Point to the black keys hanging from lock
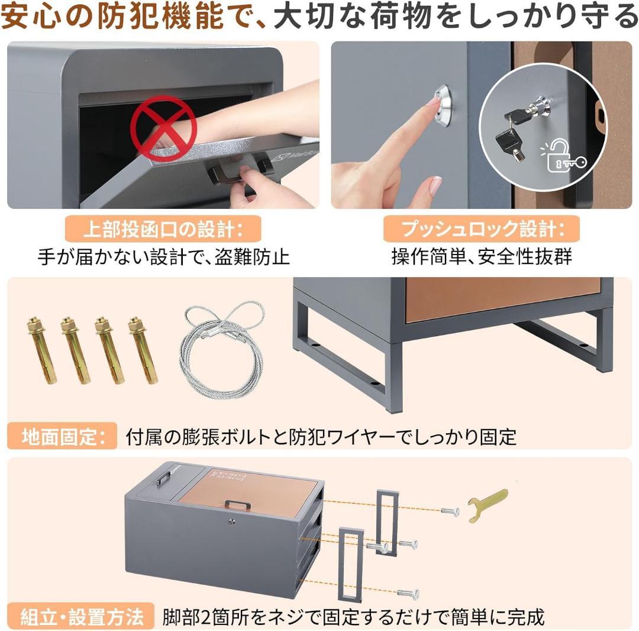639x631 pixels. click(x=512, y=133)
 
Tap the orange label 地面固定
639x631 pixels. click(x=59, y=437)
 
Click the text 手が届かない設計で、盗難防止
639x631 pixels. click(x=163, y=257)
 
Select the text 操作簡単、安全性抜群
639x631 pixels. click(x=482, y=257)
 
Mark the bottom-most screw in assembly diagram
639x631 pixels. click(x=409, y=593)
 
